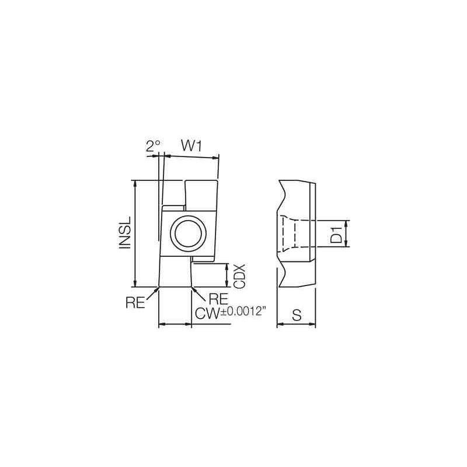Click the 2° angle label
[x=153, y=146]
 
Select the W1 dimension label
[x=190, y=146]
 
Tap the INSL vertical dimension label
[x=124, y=233]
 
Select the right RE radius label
[x=217, y=299]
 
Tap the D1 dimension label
[x=336, y=233]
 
